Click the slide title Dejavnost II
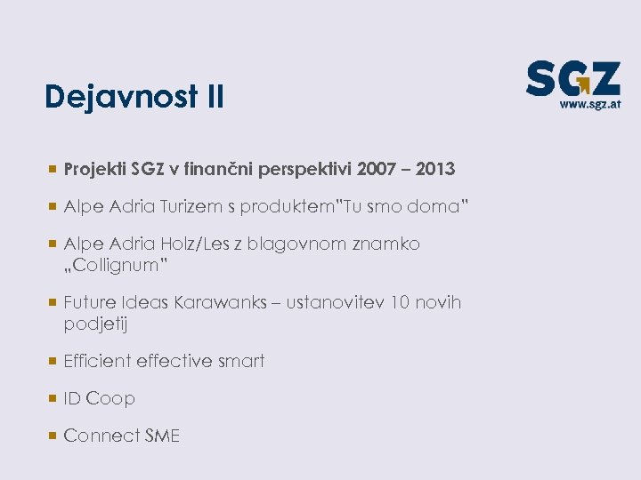(134, 96)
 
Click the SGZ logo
(572, 79)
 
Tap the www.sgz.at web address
(589, 103)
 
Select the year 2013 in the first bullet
(434, 169)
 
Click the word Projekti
(95, 169)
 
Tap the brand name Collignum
(116, 266)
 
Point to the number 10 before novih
(401, 303)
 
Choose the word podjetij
(96, 324)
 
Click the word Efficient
(97, 361)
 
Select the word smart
(241, 361)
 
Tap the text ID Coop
(100, 399)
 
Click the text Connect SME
(122, 436)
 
